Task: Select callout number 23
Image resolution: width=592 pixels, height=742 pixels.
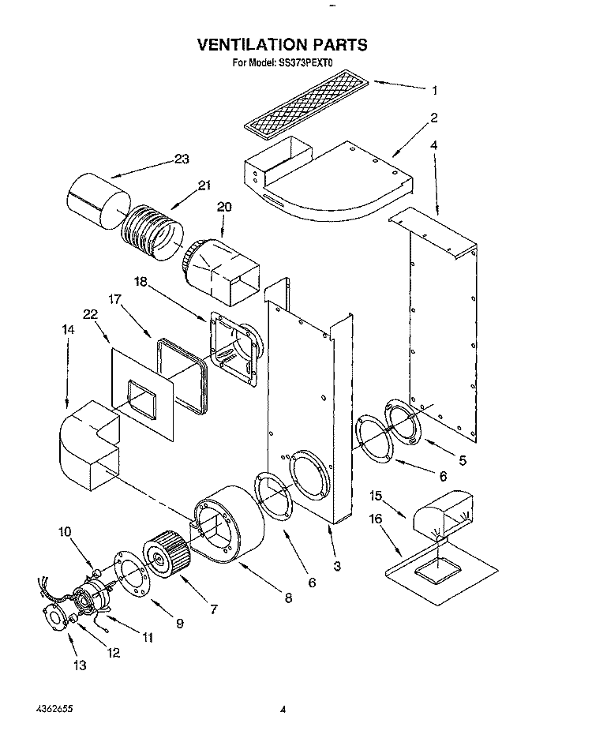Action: pyautogui.click(x=182, y=159)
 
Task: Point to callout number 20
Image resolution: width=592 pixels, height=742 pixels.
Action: pyautogui.click(x=224, y=207)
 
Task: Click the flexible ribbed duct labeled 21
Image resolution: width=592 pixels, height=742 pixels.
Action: pyautogui.click(x=152, y=234)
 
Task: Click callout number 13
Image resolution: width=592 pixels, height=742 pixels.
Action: pyautogui.click(x=80, y=665)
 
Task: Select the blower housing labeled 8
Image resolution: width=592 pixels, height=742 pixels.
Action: pyautogui.click(x=227, y=524)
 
